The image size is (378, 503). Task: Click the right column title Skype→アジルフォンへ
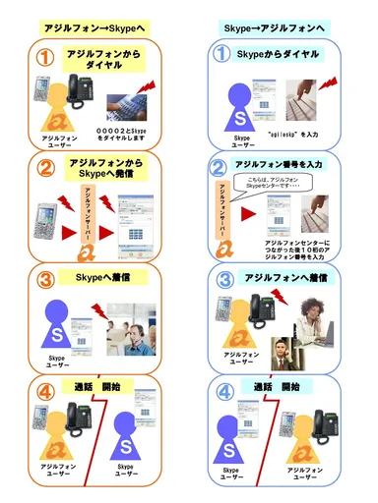click(283, 28)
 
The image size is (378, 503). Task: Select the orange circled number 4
click(42, 394)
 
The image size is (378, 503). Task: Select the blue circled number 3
click(223, 279)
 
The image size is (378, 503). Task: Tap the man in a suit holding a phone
click(282, 350)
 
